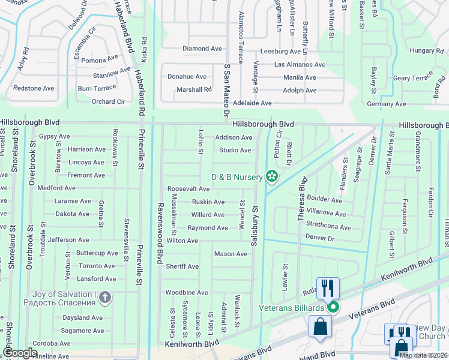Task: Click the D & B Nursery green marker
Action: pos(271,176)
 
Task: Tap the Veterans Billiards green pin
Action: pos(333,308)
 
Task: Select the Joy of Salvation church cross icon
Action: pos(105,297)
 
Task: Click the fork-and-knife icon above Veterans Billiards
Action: pos(328,287)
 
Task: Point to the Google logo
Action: pos(20,353)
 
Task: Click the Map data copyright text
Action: pos(424,355)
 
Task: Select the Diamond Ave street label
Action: pos(202,49)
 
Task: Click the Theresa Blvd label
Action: pos(302,199)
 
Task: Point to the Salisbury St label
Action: pos(255,222)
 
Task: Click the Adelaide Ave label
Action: pos(252,103)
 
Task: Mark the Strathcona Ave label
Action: pos(328,227)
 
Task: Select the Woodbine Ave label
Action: pos(187,292)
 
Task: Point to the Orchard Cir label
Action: pos(109,101)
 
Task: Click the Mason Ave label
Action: pos(231,254)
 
